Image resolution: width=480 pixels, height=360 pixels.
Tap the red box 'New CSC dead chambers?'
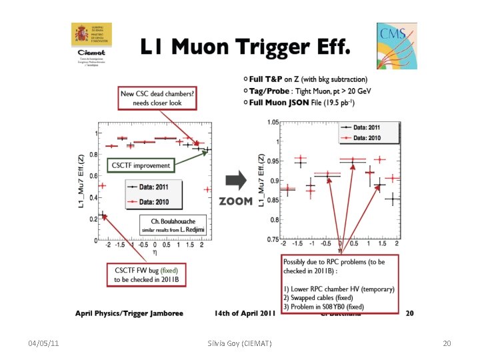[x=157, y=99]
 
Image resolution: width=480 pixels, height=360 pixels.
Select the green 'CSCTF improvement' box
[x=140, y=165]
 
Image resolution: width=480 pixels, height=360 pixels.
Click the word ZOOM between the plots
[x=235, y=201]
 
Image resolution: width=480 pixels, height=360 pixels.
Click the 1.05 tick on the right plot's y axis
[x=273, y=122]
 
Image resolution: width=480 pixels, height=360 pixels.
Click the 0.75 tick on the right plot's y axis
[x=273, y=239]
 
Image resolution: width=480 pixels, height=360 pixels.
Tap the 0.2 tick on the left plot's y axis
[x=93, y=217]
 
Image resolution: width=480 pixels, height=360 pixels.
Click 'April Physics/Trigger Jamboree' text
[x=129, y=312]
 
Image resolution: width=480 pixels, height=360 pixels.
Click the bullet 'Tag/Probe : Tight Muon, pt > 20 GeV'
[x=306, y=91]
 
